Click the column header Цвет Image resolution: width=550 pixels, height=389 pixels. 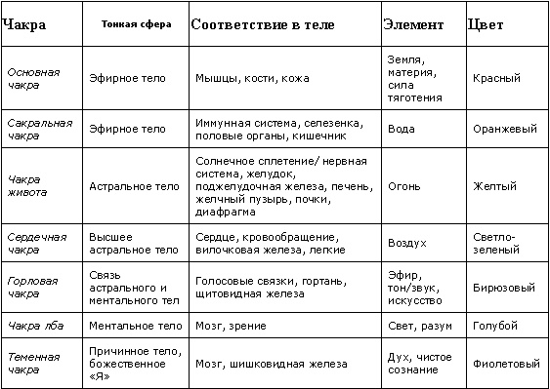pyautogui.click(x=487, y=22)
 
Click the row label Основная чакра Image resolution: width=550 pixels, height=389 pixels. pyautogui.click(x=33, y=78)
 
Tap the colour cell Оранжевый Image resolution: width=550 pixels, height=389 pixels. pyautogui.click(x=503, y=129)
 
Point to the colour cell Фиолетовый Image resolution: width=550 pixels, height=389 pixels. pyautogui.click(x=505, y=364)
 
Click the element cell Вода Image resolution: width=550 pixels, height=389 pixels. pyautogui.click(x=402, y=129)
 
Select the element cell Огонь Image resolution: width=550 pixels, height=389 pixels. pyautogui.click(x=403, y=184)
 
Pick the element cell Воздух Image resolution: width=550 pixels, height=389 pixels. pyautogui.click(x=407, y=243)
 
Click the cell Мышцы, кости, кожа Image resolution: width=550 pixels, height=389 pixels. pyautogui.click(x=245, y=78)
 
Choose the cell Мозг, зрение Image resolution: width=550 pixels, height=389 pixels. pyautogui.click(x=228, y=324)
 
